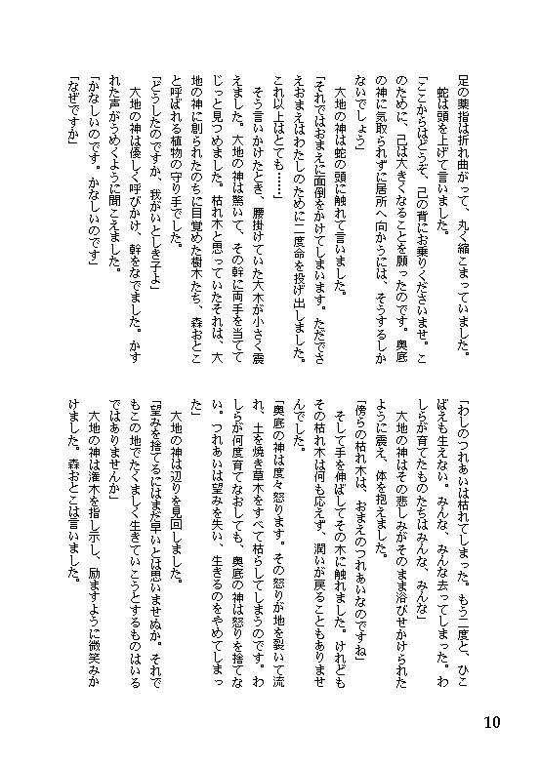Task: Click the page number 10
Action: [490, 723]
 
